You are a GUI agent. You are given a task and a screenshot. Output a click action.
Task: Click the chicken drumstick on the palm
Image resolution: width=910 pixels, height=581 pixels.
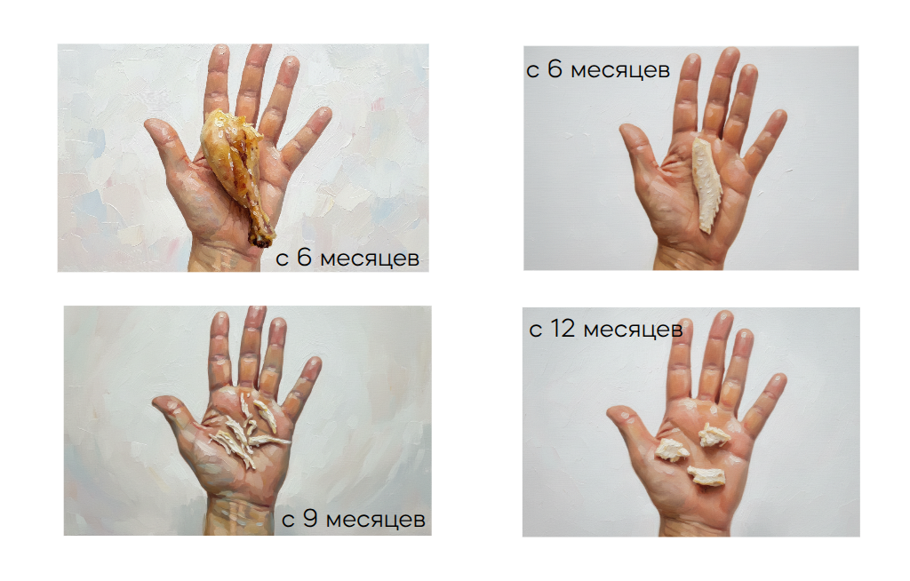point(235,171)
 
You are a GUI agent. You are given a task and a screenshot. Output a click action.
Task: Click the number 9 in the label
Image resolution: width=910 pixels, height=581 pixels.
point(310,519)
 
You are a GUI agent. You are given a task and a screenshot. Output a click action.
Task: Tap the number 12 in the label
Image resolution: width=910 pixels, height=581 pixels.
point(563,329)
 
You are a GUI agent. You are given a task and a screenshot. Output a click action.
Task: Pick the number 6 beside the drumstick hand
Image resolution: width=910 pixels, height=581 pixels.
point(304,258)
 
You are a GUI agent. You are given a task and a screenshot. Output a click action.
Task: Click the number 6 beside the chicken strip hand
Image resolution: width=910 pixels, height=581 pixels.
point(555,69)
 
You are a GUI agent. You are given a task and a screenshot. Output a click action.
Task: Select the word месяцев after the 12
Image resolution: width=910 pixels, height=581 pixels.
point(633,330)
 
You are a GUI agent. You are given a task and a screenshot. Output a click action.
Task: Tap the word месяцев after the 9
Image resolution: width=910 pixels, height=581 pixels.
point(376,520)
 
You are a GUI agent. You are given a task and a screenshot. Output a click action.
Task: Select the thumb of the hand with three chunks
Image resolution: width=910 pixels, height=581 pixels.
point(630,426)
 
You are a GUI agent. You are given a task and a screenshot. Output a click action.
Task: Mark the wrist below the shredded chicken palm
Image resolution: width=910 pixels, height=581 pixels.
point(238,513)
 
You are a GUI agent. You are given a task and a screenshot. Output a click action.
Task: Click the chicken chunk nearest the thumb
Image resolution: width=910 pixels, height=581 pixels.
point(672,450)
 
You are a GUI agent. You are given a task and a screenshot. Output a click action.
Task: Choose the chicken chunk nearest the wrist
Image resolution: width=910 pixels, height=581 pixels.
point(706,475)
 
